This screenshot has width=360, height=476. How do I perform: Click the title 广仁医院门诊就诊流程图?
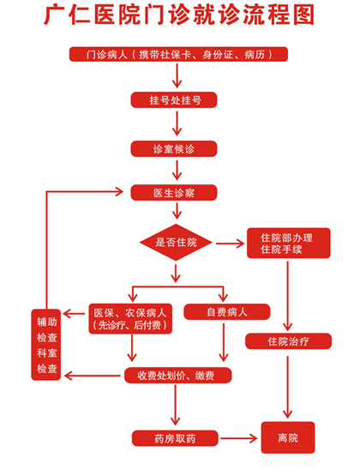pos(179,15)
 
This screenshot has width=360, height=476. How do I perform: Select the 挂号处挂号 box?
pos(174,99)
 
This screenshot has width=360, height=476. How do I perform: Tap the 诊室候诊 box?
pos(174,148)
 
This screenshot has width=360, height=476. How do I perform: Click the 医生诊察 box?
pos(174,192)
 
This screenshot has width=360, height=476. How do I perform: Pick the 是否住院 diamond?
pos(176,242)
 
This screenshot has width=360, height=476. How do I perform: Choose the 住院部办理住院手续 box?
pos(288,244)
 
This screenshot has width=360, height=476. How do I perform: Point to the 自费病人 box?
pos(227,312)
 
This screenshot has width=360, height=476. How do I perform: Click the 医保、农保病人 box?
pos(130,319)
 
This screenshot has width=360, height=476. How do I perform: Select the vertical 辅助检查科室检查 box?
pos(46,345)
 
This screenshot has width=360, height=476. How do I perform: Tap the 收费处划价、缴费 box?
pos(178,376)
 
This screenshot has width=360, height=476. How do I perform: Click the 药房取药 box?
pos(175,438)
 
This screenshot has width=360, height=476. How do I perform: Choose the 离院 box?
pos(288,437)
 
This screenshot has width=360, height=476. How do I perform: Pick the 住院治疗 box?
pos(288,340)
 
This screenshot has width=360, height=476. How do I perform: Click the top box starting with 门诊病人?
pos(178,54)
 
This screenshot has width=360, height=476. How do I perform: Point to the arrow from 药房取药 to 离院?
pos(238,438)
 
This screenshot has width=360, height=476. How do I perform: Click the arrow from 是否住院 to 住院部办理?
pos(230,244)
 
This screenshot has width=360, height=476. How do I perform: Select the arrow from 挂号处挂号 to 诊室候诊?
pos(177,124)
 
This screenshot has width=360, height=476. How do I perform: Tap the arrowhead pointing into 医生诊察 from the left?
pos(119,191)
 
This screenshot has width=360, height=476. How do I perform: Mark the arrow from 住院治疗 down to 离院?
pos(287,388)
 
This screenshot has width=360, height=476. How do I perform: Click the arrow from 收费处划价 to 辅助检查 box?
pos(93,376)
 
